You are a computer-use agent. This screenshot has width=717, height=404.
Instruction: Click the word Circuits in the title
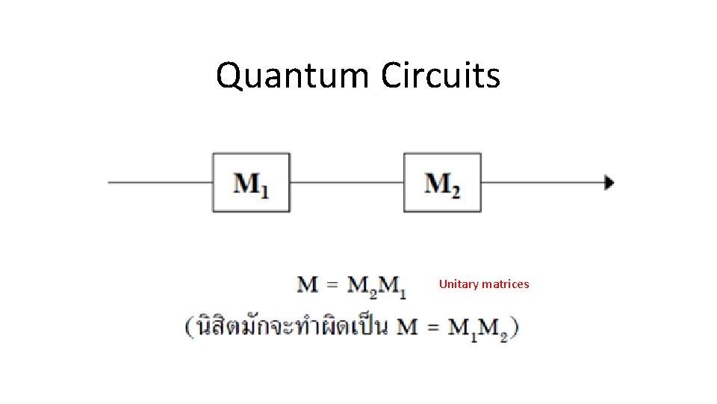(440, 76)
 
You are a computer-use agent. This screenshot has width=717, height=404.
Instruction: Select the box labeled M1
(251, 183)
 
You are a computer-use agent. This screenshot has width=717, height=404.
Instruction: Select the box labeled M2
(442, 183)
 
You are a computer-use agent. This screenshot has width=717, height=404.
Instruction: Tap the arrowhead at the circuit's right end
(609, 183)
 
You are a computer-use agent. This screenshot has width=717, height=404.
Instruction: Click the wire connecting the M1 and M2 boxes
(347, 183)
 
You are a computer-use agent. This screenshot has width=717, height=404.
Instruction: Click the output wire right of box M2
(541, 183)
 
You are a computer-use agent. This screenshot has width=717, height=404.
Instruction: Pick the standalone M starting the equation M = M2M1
(308, 285)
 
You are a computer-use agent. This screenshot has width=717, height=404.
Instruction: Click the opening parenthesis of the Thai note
(190, 328)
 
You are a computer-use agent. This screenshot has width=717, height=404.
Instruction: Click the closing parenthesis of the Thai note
(515, 328)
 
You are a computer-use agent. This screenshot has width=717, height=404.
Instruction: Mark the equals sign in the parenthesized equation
(432, 328)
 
